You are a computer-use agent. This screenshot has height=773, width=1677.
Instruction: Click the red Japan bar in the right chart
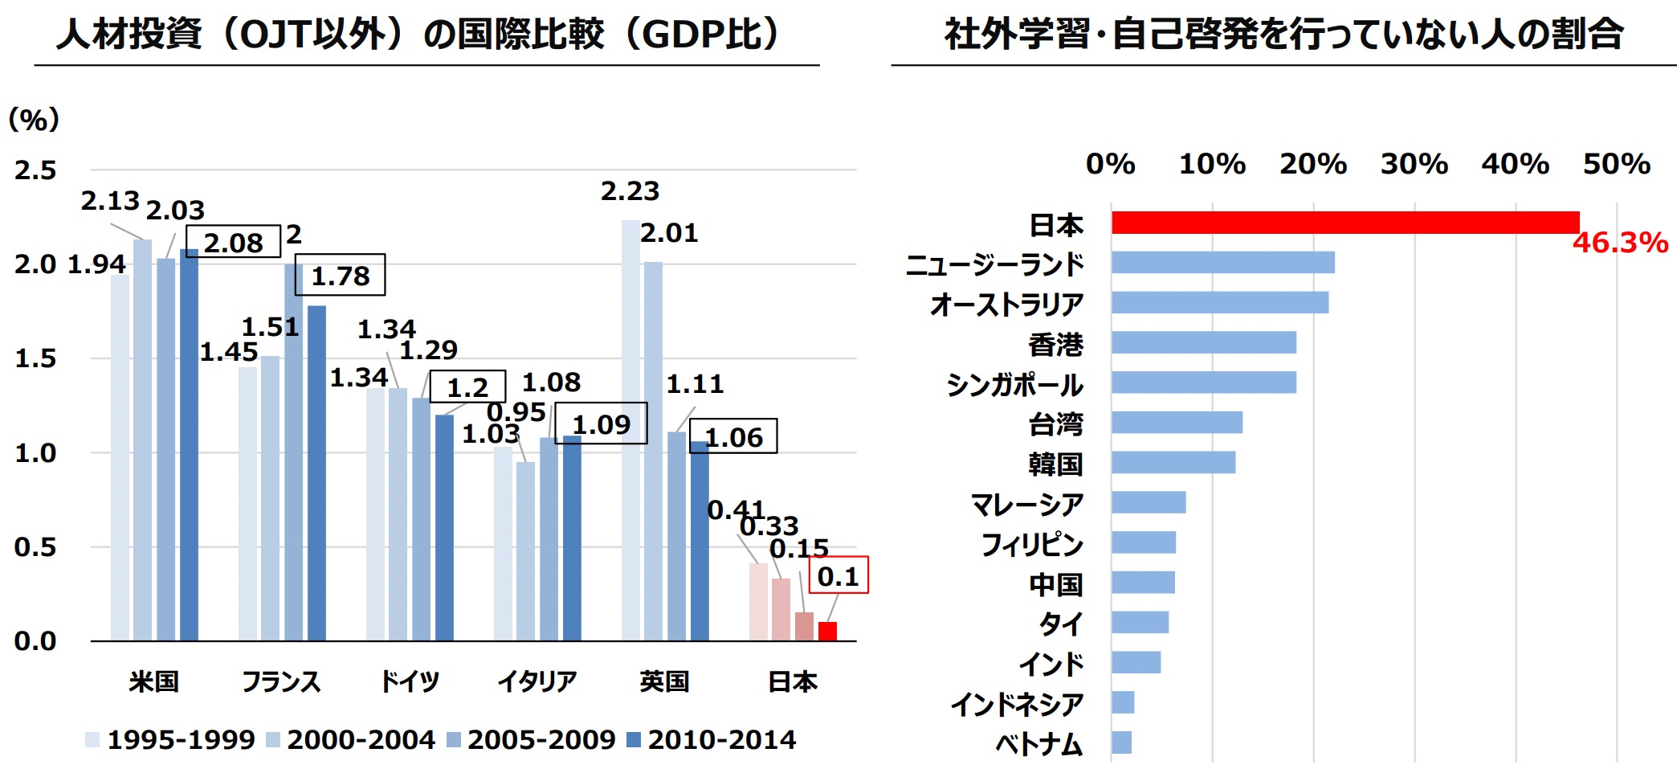(1345, 223)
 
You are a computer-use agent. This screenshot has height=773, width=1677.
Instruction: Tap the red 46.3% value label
(1620, 243)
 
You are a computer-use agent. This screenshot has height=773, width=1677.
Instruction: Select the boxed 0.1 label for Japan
(838, 576)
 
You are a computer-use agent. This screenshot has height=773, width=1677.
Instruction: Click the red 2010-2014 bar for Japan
(827, 632)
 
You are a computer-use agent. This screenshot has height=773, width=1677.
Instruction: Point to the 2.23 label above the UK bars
(630, 191)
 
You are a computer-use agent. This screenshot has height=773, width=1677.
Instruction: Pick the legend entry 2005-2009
(532, 739)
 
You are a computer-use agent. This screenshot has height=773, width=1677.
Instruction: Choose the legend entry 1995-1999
(171, 739)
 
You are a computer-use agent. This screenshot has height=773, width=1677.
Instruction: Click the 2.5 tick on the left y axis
(35, 170)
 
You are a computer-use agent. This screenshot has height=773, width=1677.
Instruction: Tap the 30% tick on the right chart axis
(1414, 164)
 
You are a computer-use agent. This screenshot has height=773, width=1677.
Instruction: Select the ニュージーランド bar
(1223, 263)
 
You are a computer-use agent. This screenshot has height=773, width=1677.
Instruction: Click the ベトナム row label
(1039, 744)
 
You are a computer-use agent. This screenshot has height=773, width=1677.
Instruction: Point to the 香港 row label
(1055, 345)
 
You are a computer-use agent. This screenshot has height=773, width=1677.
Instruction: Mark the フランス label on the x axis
(281, 681)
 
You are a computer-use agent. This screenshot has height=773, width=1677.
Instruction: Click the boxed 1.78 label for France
(340, 276)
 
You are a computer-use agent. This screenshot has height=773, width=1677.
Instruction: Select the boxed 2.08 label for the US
(233, 242)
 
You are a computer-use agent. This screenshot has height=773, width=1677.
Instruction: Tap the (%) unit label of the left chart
(34, 120)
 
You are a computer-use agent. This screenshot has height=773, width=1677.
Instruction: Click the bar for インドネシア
(1123, 702)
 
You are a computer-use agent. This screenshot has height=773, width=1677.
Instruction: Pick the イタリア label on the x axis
(537, 681)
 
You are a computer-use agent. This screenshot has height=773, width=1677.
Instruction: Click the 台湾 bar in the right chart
(1177, 423)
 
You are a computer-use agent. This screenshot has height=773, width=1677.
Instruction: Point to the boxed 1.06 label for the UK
(733, 437)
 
